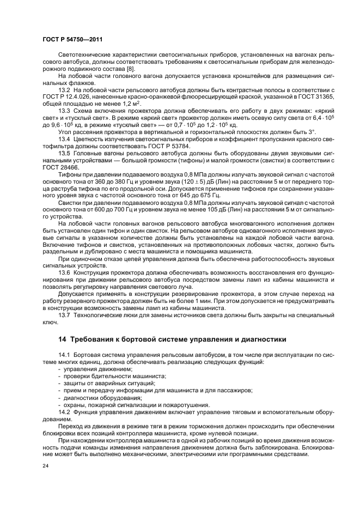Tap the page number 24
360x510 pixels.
tap(46, 466)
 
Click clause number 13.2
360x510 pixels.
tap(65, 89)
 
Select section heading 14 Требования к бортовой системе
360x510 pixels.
tap(172, 339)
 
